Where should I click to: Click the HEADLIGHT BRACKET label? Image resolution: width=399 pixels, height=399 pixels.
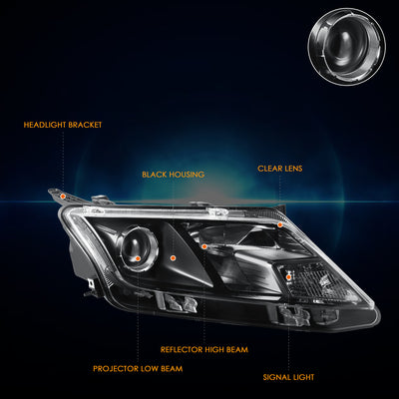[63, 125]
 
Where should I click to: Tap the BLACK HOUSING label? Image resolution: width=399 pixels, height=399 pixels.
[174, 175]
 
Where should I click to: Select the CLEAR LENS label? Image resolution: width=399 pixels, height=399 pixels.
[280, 169]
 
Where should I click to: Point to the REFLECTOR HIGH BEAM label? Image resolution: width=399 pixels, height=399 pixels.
[204, 350]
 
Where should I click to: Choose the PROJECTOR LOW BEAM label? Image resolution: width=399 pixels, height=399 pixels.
[138, 369]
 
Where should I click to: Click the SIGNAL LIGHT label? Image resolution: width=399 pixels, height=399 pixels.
[288, 377]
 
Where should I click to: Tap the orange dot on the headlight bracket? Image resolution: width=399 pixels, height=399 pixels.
[63, 197]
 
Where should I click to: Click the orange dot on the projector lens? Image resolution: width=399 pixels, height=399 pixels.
[138, 258]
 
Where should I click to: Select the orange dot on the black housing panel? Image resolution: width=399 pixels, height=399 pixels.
[173, 257]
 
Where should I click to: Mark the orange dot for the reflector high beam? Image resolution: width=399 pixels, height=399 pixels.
[204, 246]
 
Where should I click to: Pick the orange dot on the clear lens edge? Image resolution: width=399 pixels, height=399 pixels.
[280, 224]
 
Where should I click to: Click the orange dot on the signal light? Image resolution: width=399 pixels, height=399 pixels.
[289, 276]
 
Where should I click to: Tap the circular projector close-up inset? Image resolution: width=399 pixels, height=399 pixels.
[347, 46]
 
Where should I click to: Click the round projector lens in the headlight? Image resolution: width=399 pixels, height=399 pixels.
[139, 248]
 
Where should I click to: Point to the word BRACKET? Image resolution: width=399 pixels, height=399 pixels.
[85, 125]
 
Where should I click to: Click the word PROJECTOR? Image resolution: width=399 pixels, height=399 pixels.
[115, 369]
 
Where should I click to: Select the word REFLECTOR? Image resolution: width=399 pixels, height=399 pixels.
[182, 350]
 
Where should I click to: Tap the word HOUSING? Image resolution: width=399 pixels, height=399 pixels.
[187, 175]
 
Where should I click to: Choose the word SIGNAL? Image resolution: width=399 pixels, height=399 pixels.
[275, 377]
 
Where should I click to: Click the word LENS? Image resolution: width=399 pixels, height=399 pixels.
[293, 169]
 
